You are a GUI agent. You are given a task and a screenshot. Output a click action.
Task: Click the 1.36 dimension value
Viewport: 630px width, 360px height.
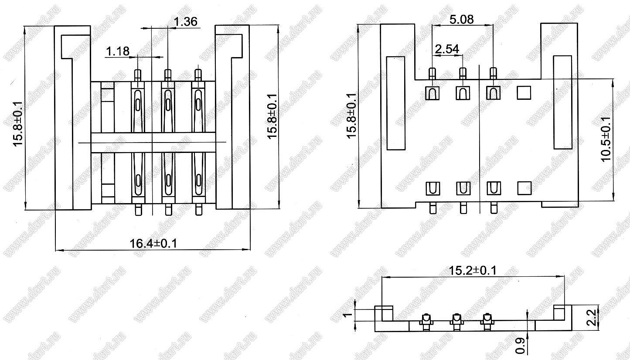[186, 21]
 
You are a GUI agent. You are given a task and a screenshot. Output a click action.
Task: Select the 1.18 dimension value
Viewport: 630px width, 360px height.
[118, 51]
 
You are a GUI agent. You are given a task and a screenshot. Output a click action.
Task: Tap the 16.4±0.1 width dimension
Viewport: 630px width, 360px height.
[153, 243]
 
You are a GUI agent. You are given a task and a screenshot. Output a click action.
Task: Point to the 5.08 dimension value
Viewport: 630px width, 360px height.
[462, 20]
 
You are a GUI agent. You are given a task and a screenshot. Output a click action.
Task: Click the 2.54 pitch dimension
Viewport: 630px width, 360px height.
[447, 49]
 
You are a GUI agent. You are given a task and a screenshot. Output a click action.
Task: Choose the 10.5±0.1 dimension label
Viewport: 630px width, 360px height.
[606, 139]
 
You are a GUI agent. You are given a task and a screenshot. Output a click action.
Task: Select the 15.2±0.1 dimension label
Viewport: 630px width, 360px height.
[473, 271]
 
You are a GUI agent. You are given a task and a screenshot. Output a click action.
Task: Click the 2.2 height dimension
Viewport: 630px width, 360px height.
[592, 318]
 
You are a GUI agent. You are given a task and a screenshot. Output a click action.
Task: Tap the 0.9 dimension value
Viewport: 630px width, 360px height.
[520, 345]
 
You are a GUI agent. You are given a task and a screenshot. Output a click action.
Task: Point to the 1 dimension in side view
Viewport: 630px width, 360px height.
[348, 314]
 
